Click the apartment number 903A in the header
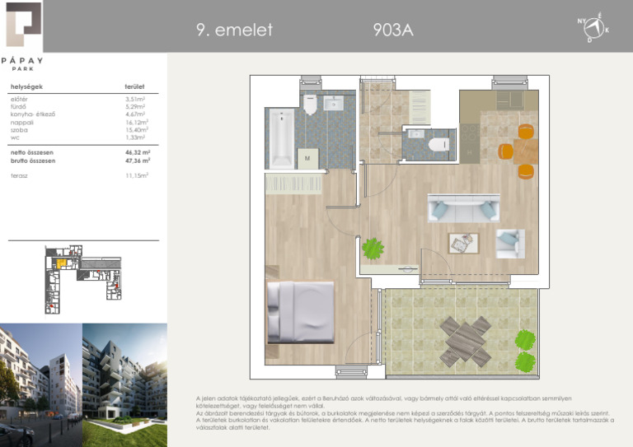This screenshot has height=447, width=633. [392, 30]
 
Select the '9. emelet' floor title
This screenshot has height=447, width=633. [234, 30]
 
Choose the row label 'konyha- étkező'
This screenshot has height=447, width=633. [32, 114]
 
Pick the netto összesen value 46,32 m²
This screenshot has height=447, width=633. [137, 153]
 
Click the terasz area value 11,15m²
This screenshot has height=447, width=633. [136, 175]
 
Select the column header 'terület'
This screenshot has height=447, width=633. [134, 86]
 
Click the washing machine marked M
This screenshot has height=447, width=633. [307, 157]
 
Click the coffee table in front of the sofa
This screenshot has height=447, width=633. [462, 243]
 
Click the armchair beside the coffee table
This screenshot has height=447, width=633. [509, 242]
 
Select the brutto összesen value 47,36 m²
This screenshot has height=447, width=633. [137, 161]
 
